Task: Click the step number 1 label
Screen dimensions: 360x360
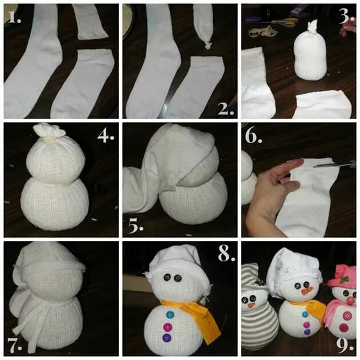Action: click(15, 17)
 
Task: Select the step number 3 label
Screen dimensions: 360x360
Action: click(346, 17)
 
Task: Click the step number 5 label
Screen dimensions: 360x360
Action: click(135, 226)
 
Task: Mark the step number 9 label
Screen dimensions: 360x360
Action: click(345, 345)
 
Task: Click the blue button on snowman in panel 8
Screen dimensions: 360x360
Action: click(170, 314)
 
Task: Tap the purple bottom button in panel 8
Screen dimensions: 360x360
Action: click(167, 338)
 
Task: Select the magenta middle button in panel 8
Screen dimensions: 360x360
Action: click(167, 326)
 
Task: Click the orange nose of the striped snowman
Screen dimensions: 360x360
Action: click(251, 305)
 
